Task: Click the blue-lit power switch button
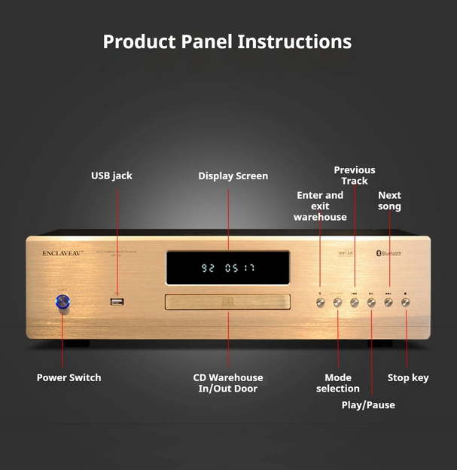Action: [63, 303]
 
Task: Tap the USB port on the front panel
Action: [117, 302]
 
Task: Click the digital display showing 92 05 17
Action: [227, 267]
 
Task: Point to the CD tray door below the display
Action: [227, 303]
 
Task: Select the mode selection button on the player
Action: [337, 302]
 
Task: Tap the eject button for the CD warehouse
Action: [320, 302]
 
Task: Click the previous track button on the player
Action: [355, 302]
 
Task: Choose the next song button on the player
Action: [388, 302]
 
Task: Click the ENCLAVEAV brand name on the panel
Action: [62, 254]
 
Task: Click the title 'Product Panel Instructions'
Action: [227, 41]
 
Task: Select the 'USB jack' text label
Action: [111, 175]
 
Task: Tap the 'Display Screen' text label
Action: [233, 176]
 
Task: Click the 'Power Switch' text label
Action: [69, 377]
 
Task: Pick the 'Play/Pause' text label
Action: [368, 405]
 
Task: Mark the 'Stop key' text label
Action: [408, 377]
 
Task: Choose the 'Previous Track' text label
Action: [355, 175]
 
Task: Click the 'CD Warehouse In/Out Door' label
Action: [228, 383]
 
